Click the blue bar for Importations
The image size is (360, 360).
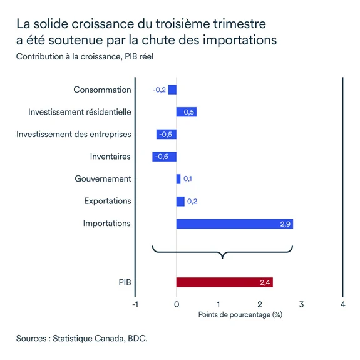click(x=234, y=224)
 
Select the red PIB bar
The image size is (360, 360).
click(x=224, y=282)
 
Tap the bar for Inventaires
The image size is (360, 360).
click(x=164, y=157)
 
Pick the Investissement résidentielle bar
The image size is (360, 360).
click(x=187, y=112)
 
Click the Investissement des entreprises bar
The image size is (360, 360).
click(x=166, y=134)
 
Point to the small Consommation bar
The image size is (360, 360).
click(x=172, y=90)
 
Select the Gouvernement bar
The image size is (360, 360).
click(x=178, y=179)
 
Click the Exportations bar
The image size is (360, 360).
click(x=180, y=201)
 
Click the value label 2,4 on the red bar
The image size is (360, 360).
click(x=265, y=283)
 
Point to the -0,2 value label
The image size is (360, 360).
click(x=159, y=90)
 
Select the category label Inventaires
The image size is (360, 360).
click(x=110, y=157)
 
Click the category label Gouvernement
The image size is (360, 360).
click(x=103, y=179)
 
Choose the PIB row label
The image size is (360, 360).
click(x=124, y=282)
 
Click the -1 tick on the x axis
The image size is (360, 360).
click(x=135, y=304)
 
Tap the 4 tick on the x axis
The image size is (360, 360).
click(x=342, y=304)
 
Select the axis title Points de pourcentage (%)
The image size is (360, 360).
click(x=240, y=314)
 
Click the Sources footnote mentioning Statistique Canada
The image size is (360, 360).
click(x=82, y=338)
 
